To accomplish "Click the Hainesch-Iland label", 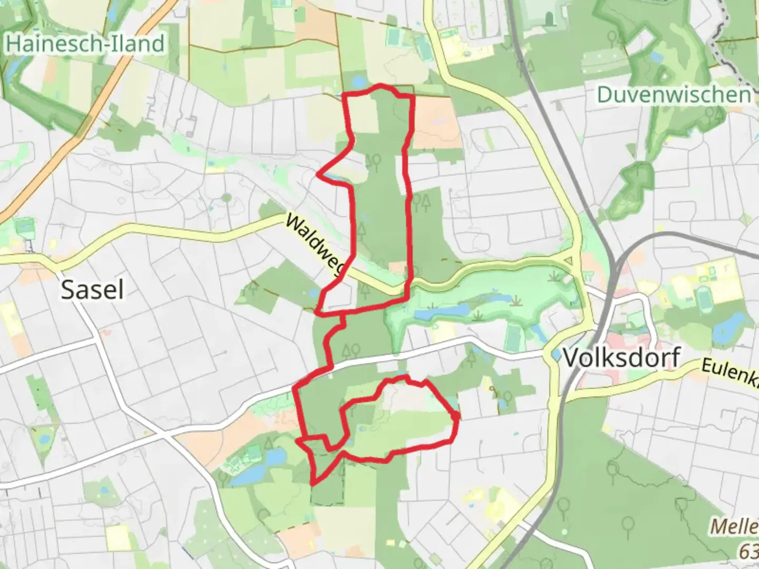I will tap(84, 43).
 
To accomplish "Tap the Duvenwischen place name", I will tap(674, 95).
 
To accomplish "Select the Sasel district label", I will tap(92, 290).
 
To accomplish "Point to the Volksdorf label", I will tap(621, 358).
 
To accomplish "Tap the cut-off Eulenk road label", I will tap(730, 372).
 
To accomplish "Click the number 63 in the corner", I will tap(749, 552).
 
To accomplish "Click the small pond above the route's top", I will tap(359, 82).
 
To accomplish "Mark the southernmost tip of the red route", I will tap(314, 483).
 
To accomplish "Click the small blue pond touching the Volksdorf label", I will tap(556, 354).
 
